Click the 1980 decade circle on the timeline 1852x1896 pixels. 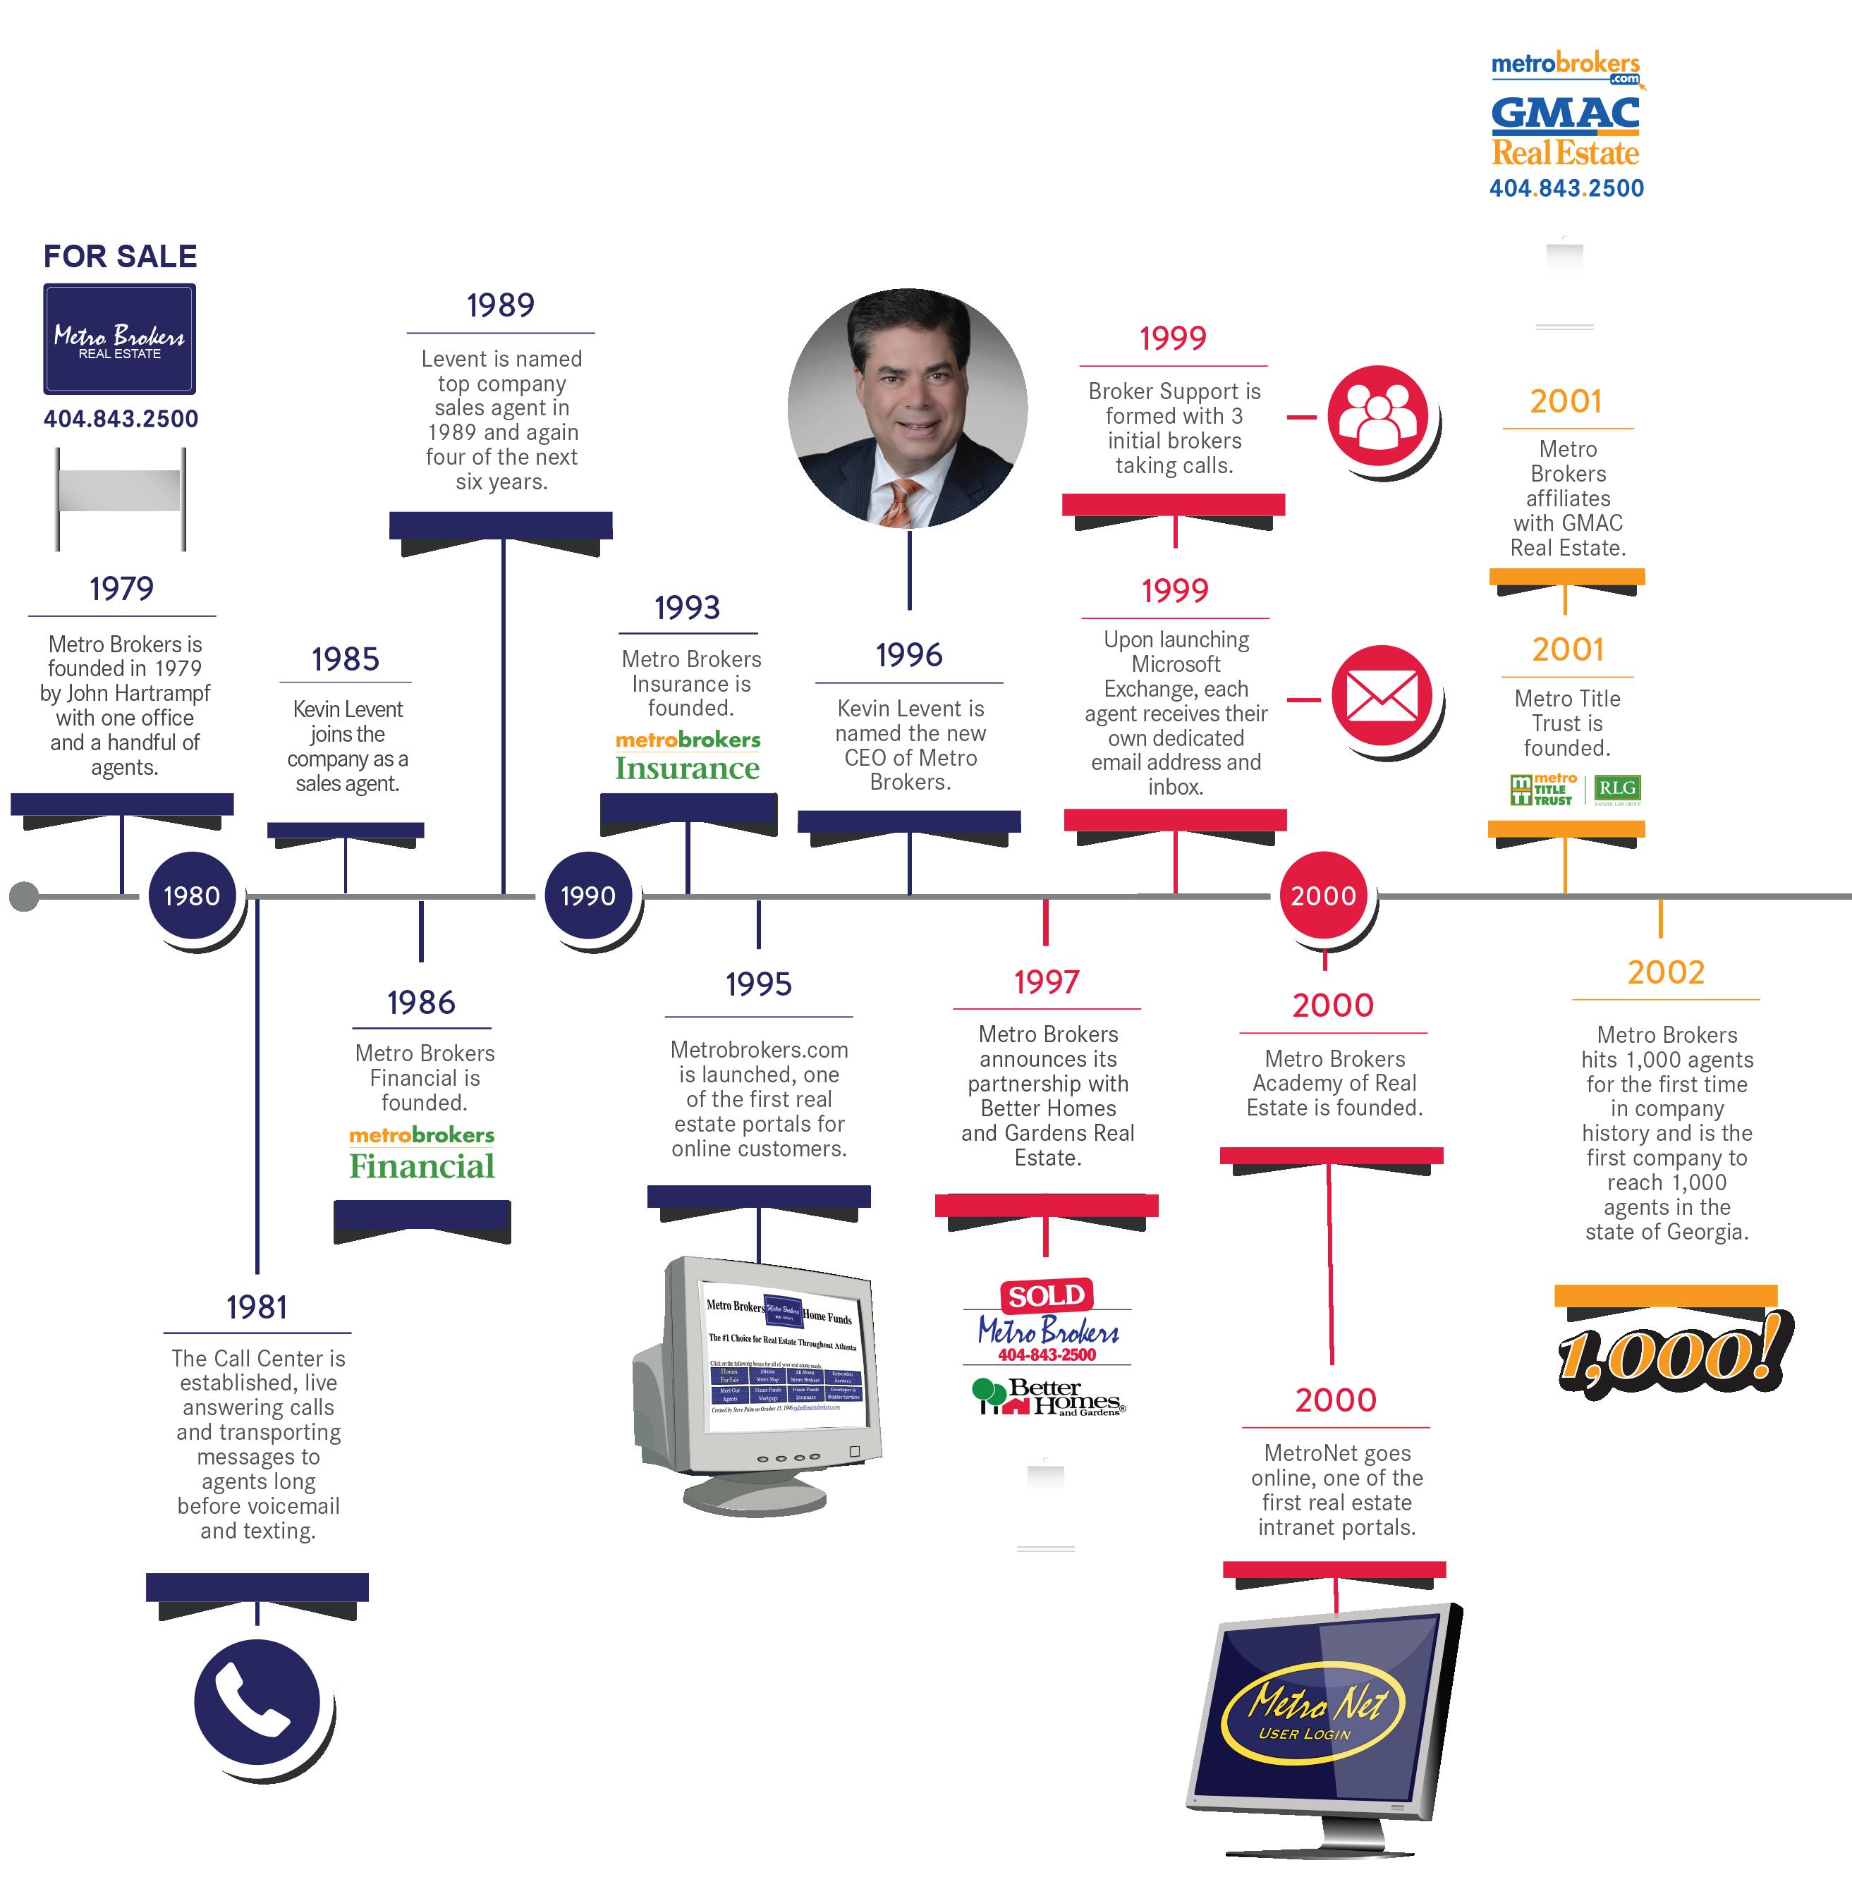point(192,895)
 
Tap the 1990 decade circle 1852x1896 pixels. point(587,895)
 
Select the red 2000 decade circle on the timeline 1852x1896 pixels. point(1323,895)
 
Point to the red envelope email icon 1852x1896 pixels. point(1381,695)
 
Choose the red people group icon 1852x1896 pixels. point(1378,415)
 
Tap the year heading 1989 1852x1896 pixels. point(500,305)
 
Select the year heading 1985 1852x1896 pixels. point(346,659)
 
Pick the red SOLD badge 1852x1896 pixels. point(1047,1295)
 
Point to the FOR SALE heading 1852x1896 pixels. point(120,257)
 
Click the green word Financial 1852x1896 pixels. point(422,1166)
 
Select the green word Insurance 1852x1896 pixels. point(687,768)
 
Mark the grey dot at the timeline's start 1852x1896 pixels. point(24,895)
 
